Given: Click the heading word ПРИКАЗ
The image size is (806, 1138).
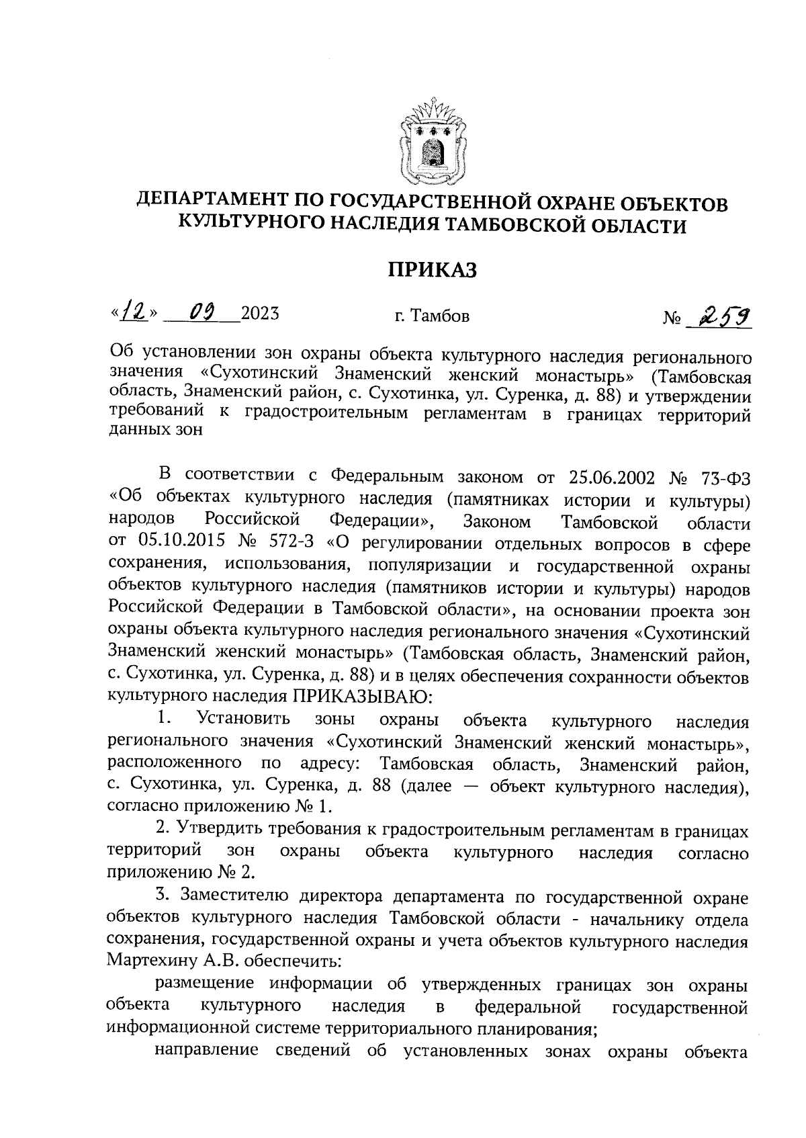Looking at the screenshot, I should (x=432, y=269).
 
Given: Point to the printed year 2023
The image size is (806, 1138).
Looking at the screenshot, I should (x=259, y=314).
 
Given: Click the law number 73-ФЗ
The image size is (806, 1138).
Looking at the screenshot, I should (x=725, y=477).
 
